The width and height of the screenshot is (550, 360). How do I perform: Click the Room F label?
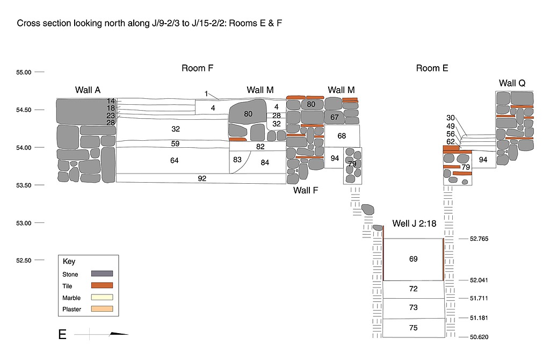point(198,68)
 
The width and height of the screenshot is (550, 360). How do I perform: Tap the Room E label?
point(432,68)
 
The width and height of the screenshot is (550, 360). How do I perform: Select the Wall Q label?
point(512,83)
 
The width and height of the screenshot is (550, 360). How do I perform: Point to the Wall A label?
point(88,90)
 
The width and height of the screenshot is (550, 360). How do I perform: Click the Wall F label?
point(305,190)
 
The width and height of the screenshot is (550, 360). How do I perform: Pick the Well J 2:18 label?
point(414,222)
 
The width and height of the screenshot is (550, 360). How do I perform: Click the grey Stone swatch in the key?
point(102,275)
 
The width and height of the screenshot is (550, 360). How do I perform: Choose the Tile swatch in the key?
point(102,286)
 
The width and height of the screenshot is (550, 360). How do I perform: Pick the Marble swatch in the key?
point(102,297)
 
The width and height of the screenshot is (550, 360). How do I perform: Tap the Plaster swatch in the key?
point(102,309)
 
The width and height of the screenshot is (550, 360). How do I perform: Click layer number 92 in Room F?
point(202,179)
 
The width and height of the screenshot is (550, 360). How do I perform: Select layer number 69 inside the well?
point(413,259)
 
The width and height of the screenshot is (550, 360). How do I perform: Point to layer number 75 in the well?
point(413,328)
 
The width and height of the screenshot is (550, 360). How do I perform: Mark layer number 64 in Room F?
point(174,160)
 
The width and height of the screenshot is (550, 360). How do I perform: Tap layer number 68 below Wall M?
point(342,136)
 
